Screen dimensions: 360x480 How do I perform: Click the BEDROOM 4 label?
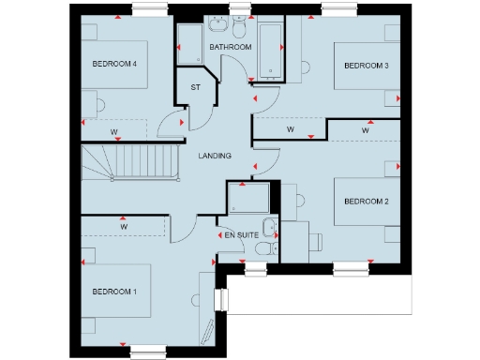click(x=115, y=65)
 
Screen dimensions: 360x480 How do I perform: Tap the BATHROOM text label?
click(x=230, y=47)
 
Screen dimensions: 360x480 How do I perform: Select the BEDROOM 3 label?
click(x=366, y=66)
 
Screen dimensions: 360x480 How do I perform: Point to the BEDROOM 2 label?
click(x=366, y=201)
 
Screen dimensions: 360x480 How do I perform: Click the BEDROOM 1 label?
click(x=115, y=292)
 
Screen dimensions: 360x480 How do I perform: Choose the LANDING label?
click(x=215, y=156)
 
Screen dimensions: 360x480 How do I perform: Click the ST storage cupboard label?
click(x=196, y=87)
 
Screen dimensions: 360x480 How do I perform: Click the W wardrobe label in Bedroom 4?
click(x=112, y=131)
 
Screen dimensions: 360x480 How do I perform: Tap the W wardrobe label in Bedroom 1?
click(x=124, y=226)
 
